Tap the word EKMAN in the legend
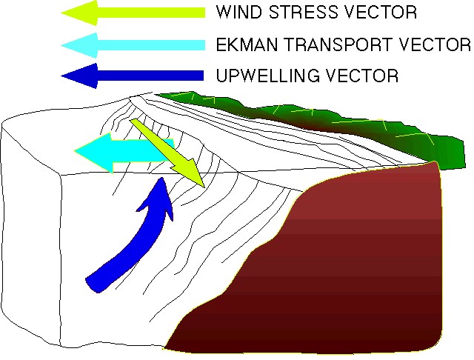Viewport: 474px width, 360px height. point(247,44)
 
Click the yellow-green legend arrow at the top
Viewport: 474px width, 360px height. point(133,13)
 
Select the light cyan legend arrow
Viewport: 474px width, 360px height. point(133,45)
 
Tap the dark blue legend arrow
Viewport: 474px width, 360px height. point(133,76)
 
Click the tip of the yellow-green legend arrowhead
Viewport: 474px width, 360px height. point(61,13)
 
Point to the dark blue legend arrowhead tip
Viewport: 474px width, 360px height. point(61,76)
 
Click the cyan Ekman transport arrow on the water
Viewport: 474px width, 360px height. point(124,153)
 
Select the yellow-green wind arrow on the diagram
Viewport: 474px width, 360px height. point(168,153)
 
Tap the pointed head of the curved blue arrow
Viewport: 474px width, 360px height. point(162,178)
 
